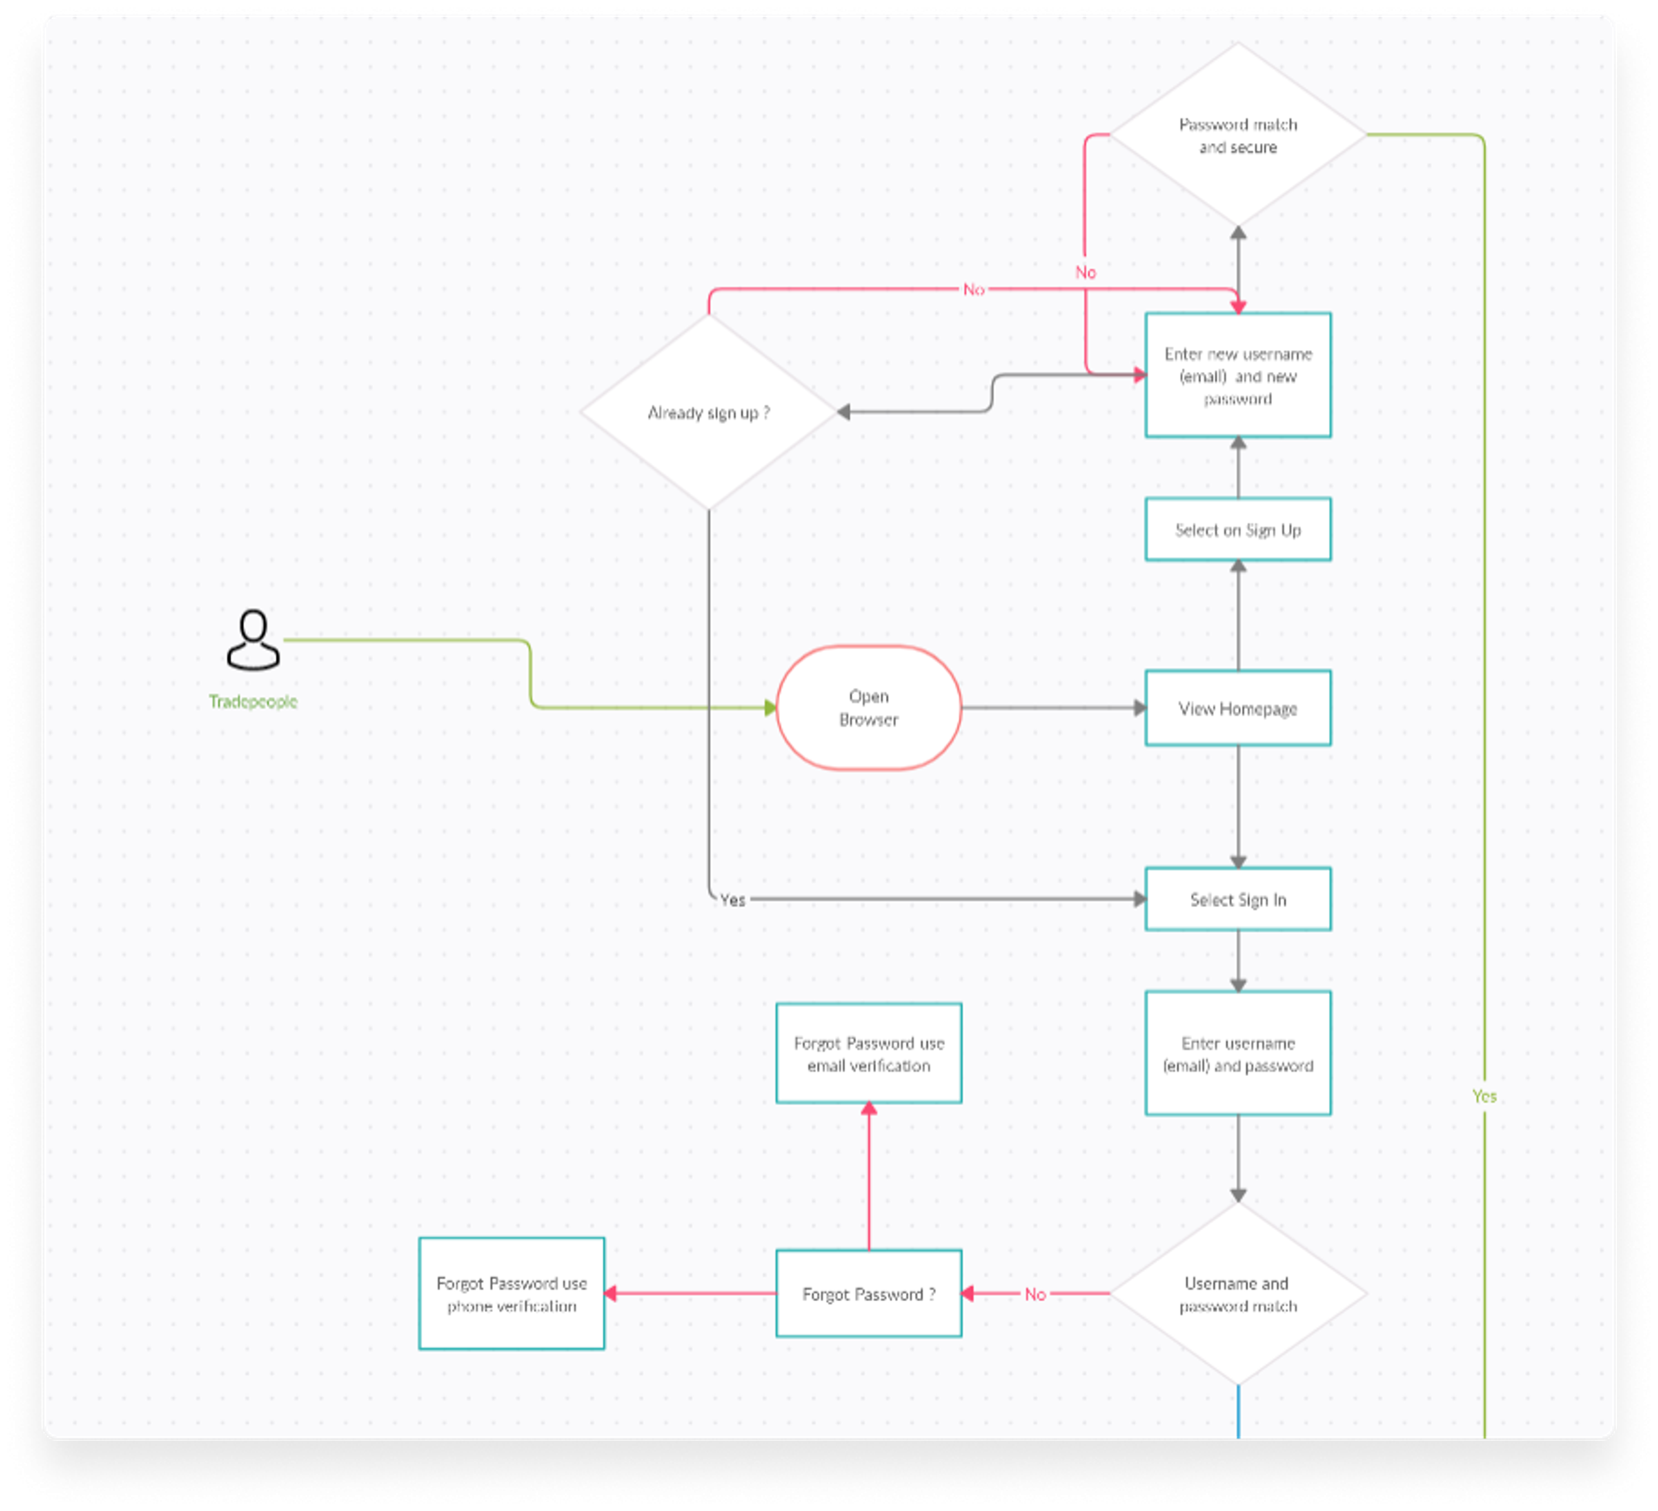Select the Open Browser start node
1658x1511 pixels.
(868, 707)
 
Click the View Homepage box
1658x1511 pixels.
(1238, 708)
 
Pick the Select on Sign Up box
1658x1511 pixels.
(1238, 530)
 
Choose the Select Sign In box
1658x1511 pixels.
(1238, 899)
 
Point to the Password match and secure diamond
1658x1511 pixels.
(1238, 136)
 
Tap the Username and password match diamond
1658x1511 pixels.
(1238, 1294)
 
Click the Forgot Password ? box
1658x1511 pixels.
(868, 1294)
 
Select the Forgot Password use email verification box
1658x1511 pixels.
(868, 1054)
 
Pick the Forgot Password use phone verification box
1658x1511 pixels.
(511, 1294)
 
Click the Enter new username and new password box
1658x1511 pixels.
(1238, 375)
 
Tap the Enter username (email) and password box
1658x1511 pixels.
(1238, 1054)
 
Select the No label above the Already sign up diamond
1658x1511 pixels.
(973, 289)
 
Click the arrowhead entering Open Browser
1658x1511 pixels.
(770, 707)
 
